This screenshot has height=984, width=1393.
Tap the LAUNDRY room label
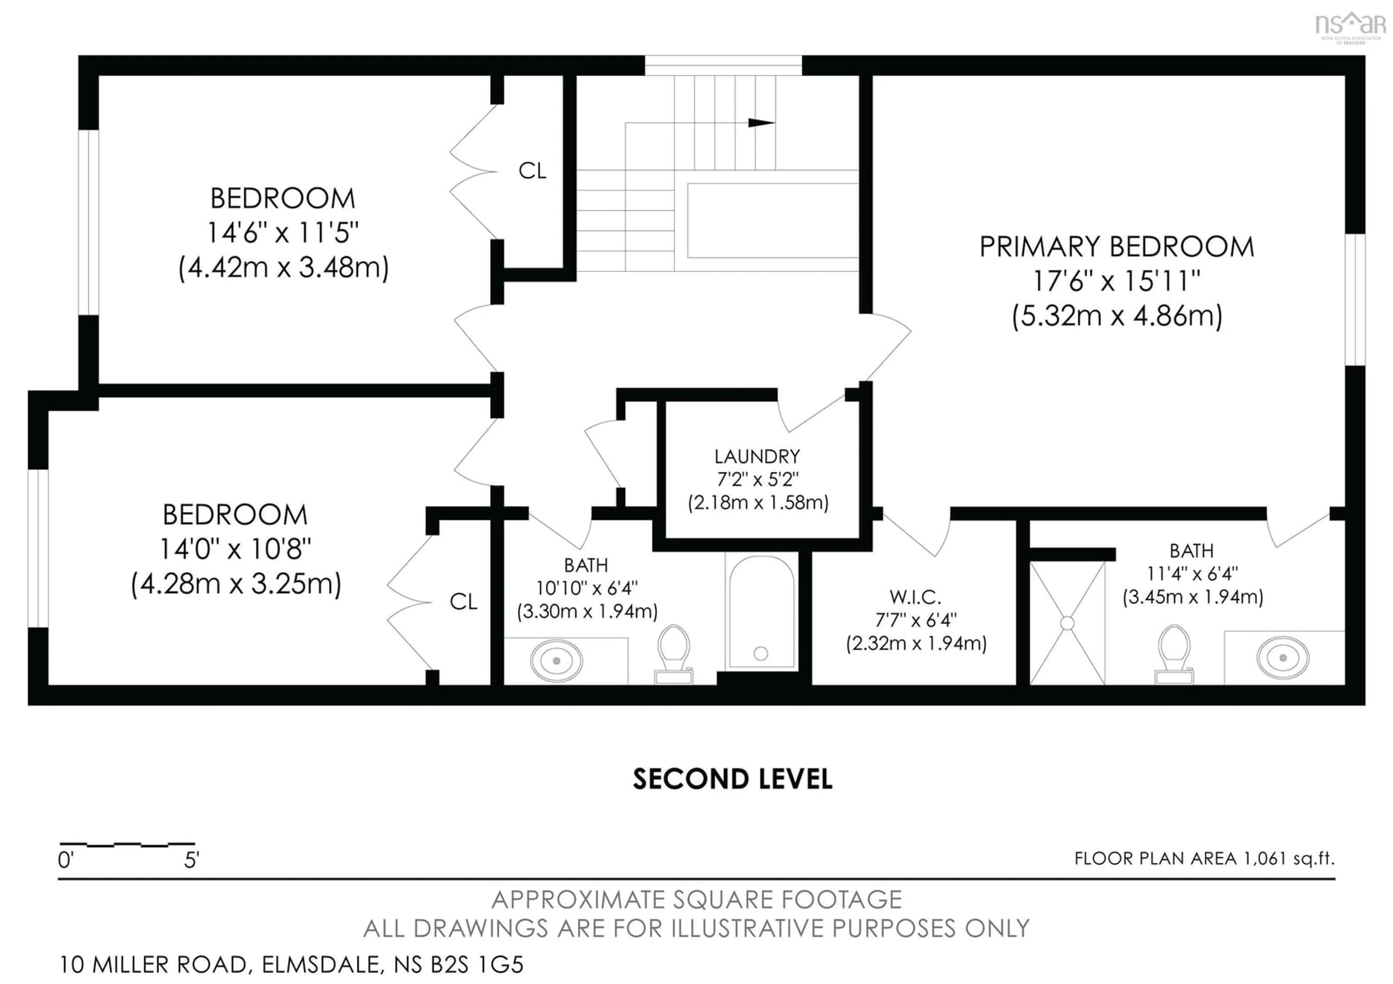[757, 456]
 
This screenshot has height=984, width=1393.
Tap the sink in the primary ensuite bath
[1283, 657]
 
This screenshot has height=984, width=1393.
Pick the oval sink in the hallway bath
[556, 661]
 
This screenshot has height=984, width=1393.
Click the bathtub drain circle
[761, 653]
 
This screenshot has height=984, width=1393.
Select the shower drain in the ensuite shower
[1067, 623]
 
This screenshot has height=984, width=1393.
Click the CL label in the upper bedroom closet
[532, 171]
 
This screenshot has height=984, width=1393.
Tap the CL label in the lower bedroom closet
[464, 602]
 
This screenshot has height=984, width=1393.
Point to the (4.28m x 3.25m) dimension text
[236, 583]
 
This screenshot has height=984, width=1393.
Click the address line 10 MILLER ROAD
[291, 964]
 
